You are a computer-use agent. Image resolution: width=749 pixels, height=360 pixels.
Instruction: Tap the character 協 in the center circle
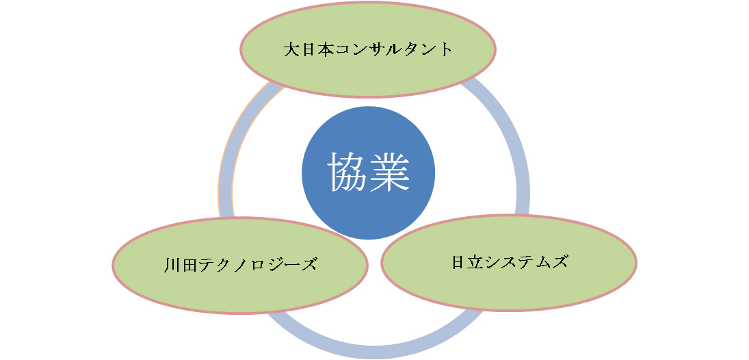point(347,172)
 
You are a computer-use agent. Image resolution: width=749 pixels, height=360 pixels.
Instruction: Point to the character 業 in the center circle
point(389,172)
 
